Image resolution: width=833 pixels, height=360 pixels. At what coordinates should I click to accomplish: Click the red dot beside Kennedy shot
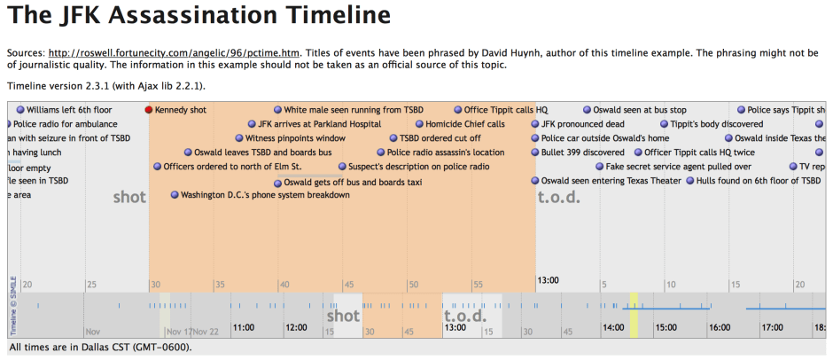click(x=149, y=110)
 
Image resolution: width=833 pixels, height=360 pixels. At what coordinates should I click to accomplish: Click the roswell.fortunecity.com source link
click(x=176, y=51)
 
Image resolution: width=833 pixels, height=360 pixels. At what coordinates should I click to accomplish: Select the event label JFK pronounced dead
click(x=582, y=124)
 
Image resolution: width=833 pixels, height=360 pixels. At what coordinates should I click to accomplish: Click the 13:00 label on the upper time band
click(x=549, y=280)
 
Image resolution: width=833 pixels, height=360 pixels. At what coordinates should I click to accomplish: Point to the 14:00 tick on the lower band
click(x=613, y=327)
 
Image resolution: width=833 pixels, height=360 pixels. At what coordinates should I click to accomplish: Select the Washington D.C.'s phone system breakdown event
click(x=264, y=195)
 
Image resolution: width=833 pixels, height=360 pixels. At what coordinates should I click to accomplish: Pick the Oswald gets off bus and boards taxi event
click(x=353, y=182)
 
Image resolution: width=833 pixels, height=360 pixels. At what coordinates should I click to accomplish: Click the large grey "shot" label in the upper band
click(x=129, y=198)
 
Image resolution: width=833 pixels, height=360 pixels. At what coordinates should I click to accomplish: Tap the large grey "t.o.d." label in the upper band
click(x=559, y=198)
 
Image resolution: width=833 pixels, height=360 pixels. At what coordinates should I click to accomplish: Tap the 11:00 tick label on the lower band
click(x=244, y=327)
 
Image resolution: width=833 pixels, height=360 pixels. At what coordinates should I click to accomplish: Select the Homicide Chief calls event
click(x=464, y=124)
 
